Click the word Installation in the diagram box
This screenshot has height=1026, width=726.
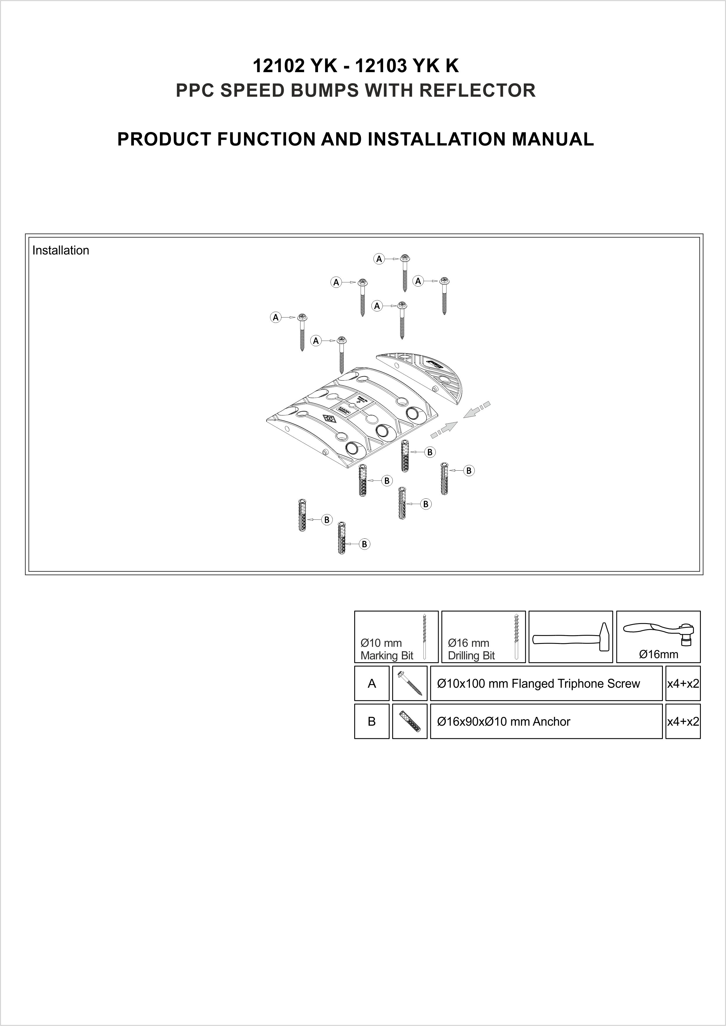tap(60, 250)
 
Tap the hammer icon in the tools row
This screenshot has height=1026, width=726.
tap(571, 637)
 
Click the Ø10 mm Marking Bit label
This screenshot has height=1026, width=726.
tap(387, 649)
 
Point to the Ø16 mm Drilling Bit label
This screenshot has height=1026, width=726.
tap(471, 649)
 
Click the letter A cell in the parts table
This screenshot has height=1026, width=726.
tap(371, 684)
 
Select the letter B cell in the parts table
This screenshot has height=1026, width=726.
tap(371, 722)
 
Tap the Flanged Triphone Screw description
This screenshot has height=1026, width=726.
tap(538, 684)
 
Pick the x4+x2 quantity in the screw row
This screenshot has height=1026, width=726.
tap(683, 684)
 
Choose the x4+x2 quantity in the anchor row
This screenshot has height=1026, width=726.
tap(683, 722)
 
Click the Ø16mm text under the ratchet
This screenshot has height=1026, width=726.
tap(658, 655)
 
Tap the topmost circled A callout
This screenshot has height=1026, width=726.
tap(379, 259)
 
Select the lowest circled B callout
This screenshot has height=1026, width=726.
tap(364, 544)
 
